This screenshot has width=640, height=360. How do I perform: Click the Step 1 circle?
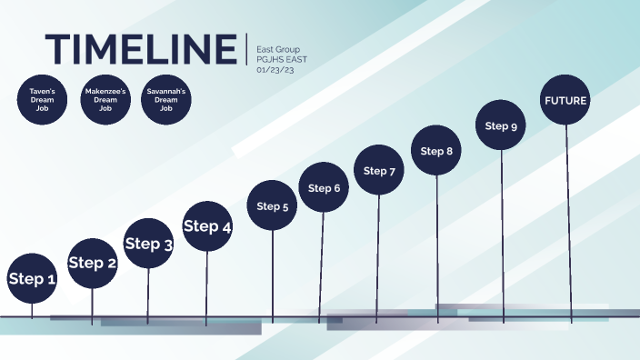pos(33,279)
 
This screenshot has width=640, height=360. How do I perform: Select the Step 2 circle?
pos(93,264)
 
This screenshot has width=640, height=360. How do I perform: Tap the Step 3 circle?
pos(148,244)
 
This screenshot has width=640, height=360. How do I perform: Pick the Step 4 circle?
pos(207,226)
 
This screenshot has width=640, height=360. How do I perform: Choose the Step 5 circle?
pos(273,206)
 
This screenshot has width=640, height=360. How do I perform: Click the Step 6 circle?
pos(324,188)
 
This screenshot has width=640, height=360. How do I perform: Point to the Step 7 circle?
pos(379,170)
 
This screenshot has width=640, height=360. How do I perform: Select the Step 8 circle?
pos(437,151)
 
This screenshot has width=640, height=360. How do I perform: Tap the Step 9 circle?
pos(501,126)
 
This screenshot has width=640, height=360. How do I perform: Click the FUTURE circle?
pos(565,100)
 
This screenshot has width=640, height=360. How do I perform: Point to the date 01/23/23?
pos(275,69)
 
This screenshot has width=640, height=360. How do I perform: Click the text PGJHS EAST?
pos(283,59)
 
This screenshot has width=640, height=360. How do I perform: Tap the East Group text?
pos(278,49)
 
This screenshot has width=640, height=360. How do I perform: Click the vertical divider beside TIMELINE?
pos(246,49)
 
